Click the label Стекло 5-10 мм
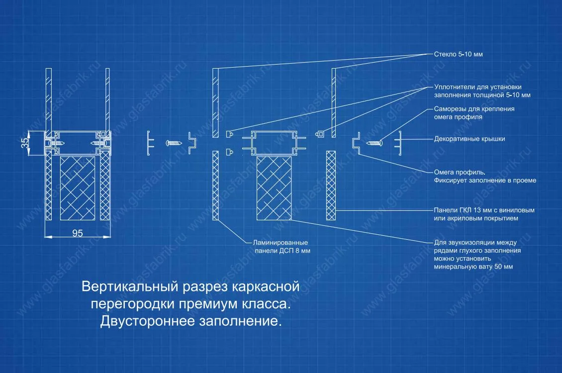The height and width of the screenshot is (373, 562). click(x=458, y=54)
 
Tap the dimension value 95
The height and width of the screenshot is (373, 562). click(x=78, y=233)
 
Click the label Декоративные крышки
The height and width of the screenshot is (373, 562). click(x=469, y=139)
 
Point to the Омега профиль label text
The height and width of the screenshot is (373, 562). click(x=460, y=172)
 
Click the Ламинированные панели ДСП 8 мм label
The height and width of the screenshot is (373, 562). click(x=281, y=247)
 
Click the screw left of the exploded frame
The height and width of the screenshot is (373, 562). click(x=174, y=143)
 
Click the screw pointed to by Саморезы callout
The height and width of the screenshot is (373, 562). click(x=374, y=143)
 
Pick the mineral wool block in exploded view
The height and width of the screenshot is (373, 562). click(x=274, y=188)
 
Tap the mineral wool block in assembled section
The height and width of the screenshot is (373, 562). click(x=78, y=188)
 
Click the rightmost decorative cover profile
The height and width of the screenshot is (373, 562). click(x=398, y=143)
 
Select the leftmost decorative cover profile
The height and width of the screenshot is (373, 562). click(x=150, y=143)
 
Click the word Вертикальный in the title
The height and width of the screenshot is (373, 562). click(x=130, y=286)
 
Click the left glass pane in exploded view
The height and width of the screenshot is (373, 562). click(x=215, y=103)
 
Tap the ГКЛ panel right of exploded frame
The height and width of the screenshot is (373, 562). click(x=331, y=185)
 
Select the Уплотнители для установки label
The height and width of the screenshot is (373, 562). click(x=478, y=87)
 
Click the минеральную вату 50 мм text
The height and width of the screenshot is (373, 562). click(x=473, y=267)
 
